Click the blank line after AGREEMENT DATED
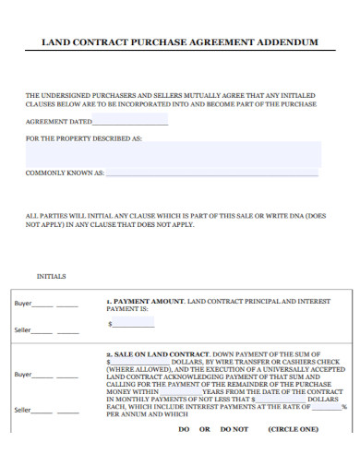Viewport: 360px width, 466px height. (x=131, y=122)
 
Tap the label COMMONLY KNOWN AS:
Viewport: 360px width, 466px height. (x=66, y=173)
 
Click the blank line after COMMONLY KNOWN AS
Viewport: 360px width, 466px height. (x=212, y=173)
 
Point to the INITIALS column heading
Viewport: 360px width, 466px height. (x=51, y=276)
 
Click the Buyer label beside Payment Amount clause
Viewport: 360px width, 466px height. (x=23, y=304)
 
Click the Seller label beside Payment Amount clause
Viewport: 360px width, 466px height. (x=23, y=329)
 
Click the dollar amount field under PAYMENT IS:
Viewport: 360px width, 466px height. (x=134, y=324)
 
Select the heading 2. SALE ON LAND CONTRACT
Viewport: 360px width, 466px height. (x=158, y=353)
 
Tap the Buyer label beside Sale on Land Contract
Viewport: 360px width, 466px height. (x=23, y=375)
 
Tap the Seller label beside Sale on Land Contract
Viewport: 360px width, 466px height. (x=23, y=409)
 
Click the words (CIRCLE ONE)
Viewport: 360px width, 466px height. (x=293, y=429)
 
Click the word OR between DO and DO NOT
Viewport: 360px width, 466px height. (x=205, y=429)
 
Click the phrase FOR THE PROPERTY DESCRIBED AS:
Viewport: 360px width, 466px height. (x=84, y=138)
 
